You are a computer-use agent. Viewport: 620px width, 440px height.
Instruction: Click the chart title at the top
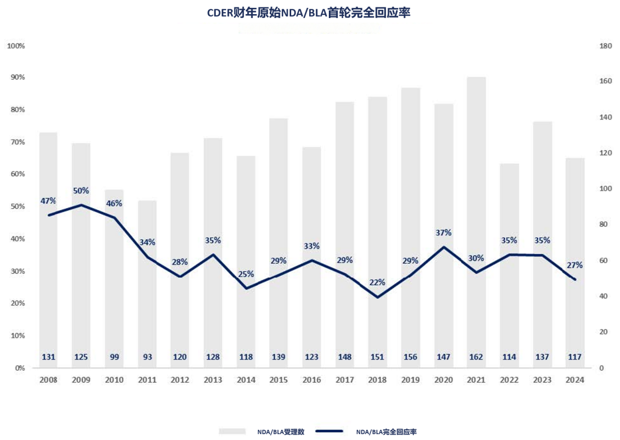(x=309, y=13)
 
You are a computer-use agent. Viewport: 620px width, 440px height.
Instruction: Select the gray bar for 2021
(x=476, y=223)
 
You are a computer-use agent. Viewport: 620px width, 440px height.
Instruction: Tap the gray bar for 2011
(x=147, y=284)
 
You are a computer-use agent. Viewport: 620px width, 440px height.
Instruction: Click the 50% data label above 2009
(x=81, y=190)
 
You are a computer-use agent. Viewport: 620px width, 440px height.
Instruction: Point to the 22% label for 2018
(x=377, y=282)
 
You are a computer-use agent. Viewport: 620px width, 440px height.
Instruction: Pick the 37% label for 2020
(x=444, y=233)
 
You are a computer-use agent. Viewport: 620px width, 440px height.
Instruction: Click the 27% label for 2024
(x=575, y=265)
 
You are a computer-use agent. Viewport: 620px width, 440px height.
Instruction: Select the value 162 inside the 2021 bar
(x=476, y=357)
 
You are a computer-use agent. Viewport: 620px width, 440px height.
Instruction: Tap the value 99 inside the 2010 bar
(x=114, y=357)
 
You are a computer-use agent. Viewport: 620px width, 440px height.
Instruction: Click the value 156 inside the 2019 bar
(x=410, y=357)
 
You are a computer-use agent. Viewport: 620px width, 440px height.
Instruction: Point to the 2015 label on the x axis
(x=278, y=380)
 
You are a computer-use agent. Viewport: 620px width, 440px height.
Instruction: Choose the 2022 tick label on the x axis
(x=509, y=380)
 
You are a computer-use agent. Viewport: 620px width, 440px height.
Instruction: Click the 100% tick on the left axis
(x=16, y=46)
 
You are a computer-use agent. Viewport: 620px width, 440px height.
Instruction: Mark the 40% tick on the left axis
(x=18, y=239)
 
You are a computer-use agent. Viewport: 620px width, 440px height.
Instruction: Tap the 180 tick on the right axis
(x=606, y=46)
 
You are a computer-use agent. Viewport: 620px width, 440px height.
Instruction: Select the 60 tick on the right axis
(x=603, y=260)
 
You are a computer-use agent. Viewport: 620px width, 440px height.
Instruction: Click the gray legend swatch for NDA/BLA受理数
(x=232, y=431)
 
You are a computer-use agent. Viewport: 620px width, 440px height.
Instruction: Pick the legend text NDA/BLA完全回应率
(x=386, y=432)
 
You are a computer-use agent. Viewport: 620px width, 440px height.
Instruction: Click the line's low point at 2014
(x=246, y=289)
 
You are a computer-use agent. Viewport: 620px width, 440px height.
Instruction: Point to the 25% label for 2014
(x=246, y=274)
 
